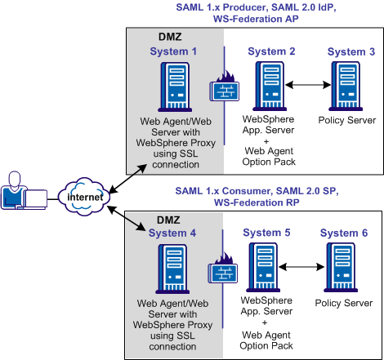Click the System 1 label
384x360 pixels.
click(173, 51)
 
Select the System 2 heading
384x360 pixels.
click(270, 51)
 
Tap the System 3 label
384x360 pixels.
click(351, 51)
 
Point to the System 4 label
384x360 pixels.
click(173, 233)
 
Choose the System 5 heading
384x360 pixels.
click(270, 233)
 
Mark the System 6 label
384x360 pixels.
click(344, 233)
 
